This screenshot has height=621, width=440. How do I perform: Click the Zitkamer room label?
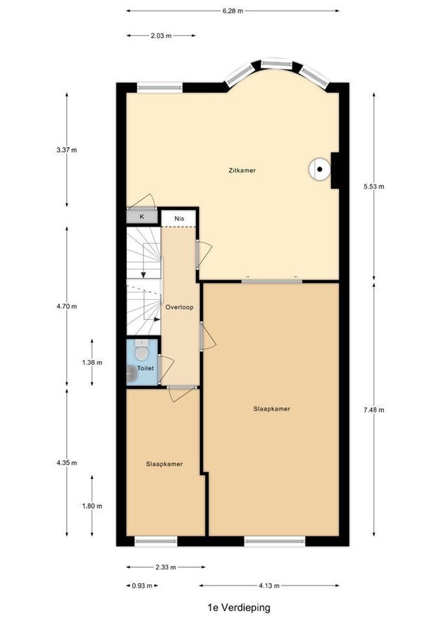click(x=241, y=171)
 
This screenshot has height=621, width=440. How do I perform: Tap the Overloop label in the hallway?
click(x=179, y=307)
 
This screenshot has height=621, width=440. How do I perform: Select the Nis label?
click(x=179, y=219)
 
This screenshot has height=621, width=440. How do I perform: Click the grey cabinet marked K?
click(x=142, y=217)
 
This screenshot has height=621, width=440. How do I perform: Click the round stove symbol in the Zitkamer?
click(x=318, y=169)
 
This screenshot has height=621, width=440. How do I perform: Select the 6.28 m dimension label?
click(x=232, y=10)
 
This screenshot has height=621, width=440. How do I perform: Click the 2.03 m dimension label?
click(x=161, y=36)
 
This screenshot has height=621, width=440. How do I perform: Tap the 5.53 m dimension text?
click(x=374, y=186)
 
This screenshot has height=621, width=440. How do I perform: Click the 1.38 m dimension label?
click(x=92, y=363)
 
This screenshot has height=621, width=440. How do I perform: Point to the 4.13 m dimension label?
click(x=269, y=586)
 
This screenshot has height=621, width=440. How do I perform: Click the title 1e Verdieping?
click(x=238, y=607)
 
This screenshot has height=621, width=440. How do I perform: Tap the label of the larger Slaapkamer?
click(x=271, y=409)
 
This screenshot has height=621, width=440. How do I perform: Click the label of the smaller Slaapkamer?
click(x=164, y=464)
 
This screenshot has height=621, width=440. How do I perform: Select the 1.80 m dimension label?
click(x=92, y=506)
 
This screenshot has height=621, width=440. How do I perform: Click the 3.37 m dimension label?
click(x=67, y=150)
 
